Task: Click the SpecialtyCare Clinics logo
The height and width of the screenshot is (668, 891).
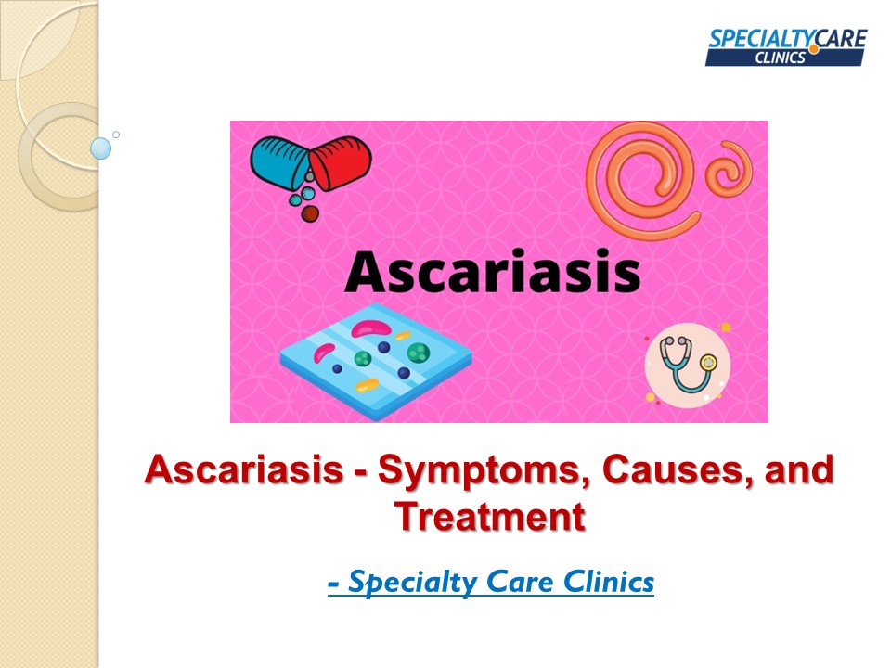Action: (x=785, y=47)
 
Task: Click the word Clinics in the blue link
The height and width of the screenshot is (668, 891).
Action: (x=609, y=583)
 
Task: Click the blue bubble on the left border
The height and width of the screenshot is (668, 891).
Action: (x=101, y=148)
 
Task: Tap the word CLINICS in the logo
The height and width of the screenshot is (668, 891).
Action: (x=781, y=58)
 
